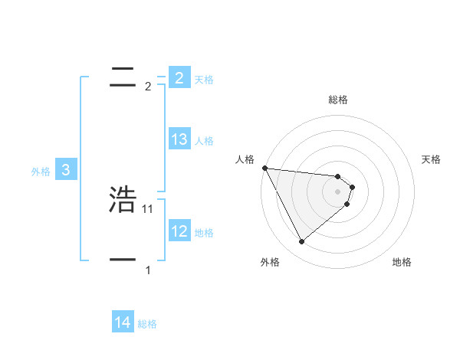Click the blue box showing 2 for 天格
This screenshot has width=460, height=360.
[x=179, y=77]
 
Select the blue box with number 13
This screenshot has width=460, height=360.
[x=179, y=139]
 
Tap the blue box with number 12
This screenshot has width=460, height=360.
[x=179, y=231]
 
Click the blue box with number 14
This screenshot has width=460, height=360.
[x=123, y=322]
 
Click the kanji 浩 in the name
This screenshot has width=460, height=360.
[x=123, y=199]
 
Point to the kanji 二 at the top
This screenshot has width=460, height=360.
[x=123, y=77]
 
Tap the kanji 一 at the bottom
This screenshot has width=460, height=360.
[x=123, y=260]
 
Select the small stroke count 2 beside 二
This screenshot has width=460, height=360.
[x=148, y=87]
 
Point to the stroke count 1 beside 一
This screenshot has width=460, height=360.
[x=148, y=270]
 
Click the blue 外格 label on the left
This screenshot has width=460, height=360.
[x=41, y=172]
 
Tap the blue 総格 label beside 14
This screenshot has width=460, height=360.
[x=147, y=324]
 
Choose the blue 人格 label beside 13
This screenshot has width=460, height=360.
[x=204, y=141]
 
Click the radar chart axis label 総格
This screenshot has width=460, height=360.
[x=338, y=100]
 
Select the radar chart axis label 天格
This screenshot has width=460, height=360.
[x=432, y=159]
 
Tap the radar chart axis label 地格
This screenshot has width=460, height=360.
[x=402, y=262]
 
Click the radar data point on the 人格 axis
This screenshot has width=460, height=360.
[x=264, y=168]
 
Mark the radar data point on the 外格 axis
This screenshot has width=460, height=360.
[x=301, y=242]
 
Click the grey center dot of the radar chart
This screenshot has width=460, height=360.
[x=338, y=191]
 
